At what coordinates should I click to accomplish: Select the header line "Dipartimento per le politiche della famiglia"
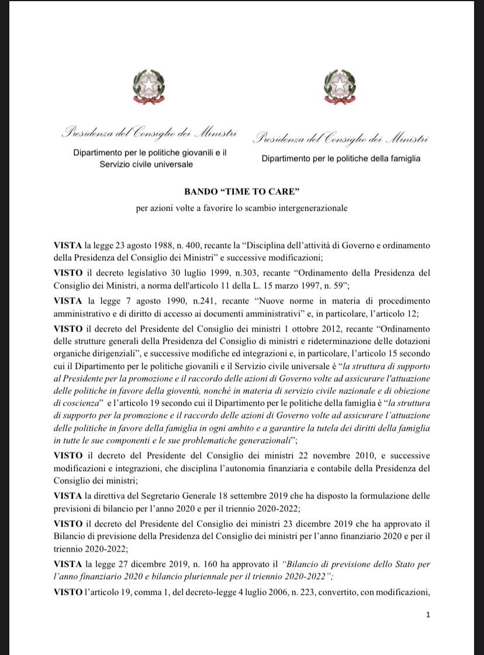click(341, 158)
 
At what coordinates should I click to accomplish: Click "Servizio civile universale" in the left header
click(146, 164)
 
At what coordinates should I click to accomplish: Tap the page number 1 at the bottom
click(428, 615)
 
